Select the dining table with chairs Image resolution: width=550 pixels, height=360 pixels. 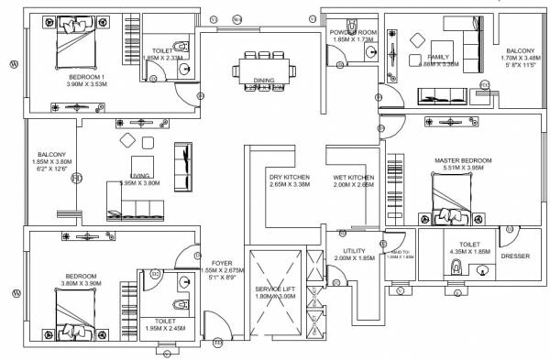[x=265, y=69]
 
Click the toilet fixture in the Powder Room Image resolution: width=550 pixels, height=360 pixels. [x=371, y=54]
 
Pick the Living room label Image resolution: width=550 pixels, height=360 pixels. [x=139, y=176]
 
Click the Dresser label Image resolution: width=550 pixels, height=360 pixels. [x=514, y=256]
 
